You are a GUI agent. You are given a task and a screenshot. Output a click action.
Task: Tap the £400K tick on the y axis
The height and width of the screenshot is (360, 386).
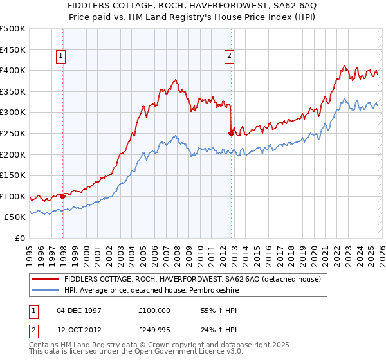click(13, 70)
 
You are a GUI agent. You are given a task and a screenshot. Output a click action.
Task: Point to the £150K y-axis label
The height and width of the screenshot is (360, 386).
click(13, 175)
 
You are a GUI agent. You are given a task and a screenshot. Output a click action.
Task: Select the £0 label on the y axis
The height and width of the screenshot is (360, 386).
click(19, 239)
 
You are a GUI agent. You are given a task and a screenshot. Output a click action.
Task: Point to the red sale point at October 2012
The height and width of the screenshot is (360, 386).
click(231, 133)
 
